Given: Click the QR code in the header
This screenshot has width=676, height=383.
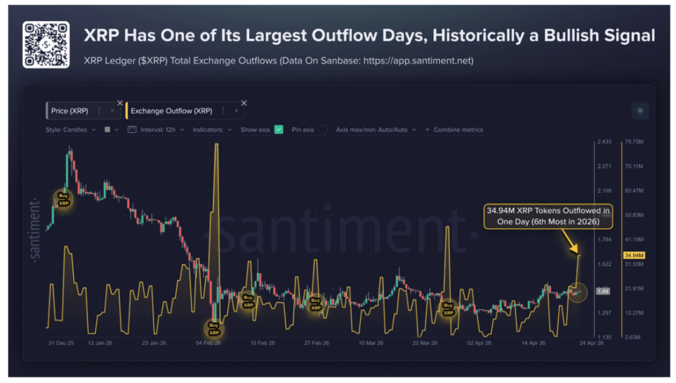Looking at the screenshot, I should [x=46, y=44].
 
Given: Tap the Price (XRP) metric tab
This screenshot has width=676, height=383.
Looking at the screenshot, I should [x=69, y=111].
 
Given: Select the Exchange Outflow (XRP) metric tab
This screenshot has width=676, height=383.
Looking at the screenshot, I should [x=171, y=111].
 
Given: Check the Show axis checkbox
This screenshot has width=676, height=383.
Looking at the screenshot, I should [x=279, y=129].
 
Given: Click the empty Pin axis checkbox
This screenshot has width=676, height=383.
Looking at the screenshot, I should [x=322, y=129].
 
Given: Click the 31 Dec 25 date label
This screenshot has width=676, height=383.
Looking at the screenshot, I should [x=61, y=343].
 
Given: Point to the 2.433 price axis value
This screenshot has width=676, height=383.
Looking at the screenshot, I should [x=603, y=142].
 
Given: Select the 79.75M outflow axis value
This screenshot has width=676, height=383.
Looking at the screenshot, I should [x=634, y=142].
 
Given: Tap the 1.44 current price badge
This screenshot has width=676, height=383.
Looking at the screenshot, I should [x=602, y=291].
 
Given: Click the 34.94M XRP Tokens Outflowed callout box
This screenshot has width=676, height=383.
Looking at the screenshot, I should [x=548, y=216].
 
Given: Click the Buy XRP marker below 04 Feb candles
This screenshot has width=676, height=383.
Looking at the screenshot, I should [x=213, y=328].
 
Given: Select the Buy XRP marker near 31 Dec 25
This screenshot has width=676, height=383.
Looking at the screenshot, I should [x=63, y=199].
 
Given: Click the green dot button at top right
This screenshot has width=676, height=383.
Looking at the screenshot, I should [x=640, y=110].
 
